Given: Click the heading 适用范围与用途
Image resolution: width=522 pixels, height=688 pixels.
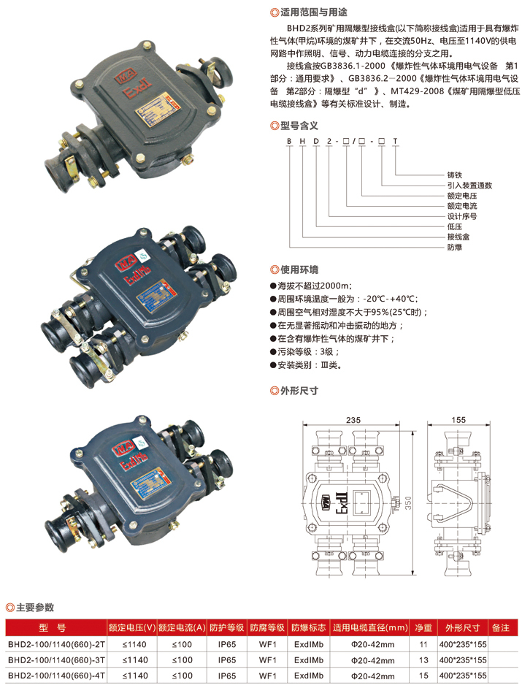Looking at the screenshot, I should [314, 12].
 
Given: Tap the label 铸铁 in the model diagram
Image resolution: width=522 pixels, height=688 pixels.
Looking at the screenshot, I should [454, 176].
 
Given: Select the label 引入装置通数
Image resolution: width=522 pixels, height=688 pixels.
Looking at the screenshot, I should [469, 186].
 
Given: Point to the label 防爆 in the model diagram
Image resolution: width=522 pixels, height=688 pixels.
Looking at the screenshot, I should [454, 248].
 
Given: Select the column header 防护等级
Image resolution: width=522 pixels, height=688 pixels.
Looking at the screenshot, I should [226, 627].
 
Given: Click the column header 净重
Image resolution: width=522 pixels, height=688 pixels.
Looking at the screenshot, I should [423, 627].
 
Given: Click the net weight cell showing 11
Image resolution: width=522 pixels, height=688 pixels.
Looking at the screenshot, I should [423, 644].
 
